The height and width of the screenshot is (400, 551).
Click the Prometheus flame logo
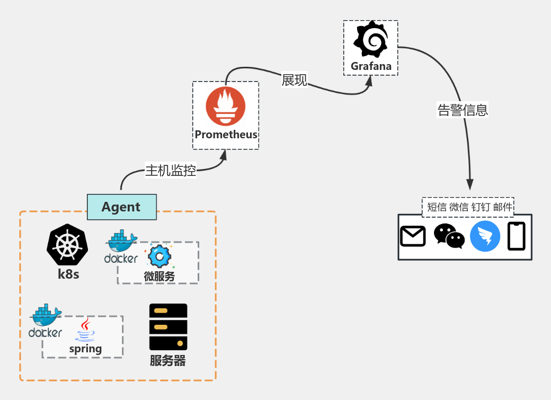[x=226, y=106]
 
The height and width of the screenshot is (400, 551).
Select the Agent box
[x=121, y=207]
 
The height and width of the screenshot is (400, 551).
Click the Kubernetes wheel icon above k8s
[x=67, y=245]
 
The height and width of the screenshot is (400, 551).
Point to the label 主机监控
[x=171, y=171]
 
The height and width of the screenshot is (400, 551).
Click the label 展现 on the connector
[x=295, y=80]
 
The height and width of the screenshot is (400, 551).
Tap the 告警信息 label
[x=463, y=110]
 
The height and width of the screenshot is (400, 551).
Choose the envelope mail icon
[x=413, y=236]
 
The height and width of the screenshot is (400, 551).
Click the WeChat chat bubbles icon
[x=449, y=236]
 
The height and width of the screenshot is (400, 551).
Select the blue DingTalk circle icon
[x=485, y=236]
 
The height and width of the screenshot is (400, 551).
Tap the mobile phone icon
[x=517, y=236]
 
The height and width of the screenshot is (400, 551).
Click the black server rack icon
[x=168, y=327]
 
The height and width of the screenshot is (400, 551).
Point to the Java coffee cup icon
[x=85, y=330]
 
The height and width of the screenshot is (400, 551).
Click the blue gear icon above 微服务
[x=159, y=256]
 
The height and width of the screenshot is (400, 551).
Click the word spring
[x=85, y=349]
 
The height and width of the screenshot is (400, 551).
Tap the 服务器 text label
[x=168, y=361]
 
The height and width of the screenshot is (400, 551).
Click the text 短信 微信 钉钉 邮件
[x=470, y=207]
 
